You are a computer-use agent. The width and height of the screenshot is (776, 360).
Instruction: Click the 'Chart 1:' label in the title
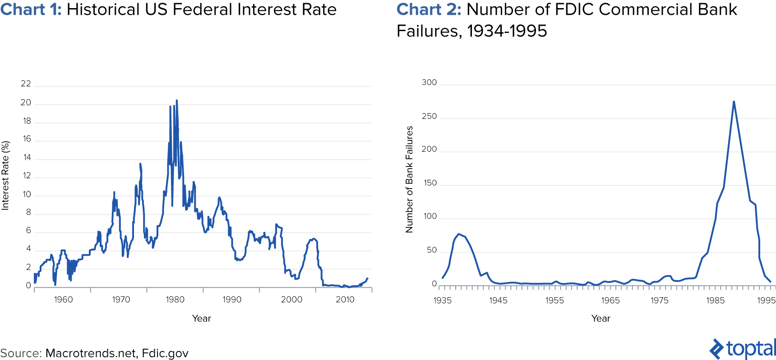point(31,10)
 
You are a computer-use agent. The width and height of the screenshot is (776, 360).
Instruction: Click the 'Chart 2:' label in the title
point(429,10)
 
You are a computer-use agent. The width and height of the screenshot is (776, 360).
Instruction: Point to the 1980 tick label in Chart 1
point(175,300)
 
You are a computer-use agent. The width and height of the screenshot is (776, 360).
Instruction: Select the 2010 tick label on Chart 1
point(345,300)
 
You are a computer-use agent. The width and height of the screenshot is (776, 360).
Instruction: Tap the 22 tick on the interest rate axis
point(26,84)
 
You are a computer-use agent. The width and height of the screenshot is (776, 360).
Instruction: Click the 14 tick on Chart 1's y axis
point(27,157)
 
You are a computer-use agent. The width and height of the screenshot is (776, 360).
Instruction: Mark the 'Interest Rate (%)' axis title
point(5,175)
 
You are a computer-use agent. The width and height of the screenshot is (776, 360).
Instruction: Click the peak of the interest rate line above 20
point(176,101)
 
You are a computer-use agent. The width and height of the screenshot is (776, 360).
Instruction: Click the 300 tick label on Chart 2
point(429,83)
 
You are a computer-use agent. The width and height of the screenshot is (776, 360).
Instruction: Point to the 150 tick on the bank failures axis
point(430,183)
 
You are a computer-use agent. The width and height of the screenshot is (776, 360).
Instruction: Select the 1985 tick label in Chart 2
point(715,300)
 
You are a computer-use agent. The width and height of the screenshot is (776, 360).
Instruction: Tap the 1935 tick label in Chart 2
point(442,300)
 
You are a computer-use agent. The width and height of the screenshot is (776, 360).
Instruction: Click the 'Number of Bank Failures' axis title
point(409,179)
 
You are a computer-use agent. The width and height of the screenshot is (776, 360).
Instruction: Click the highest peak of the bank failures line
point(734,102)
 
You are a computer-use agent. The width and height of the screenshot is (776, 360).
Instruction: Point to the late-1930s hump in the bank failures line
point(459,235)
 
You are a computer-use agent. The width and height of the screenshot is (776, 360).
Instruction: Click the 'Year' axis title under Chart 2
point(600,318)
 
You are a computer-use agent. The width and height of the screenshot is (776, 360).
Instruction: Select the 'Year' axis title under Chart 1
point(201,318)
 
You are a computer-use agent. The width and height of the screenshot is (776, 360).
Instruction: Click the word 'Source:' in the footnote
point(21,353)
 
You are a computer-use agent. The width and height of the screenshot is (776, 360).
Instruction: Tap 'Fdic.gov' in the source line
point(165,353)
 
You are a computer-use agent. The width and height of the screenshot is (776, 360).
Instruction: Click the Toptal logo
point(742,349)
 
